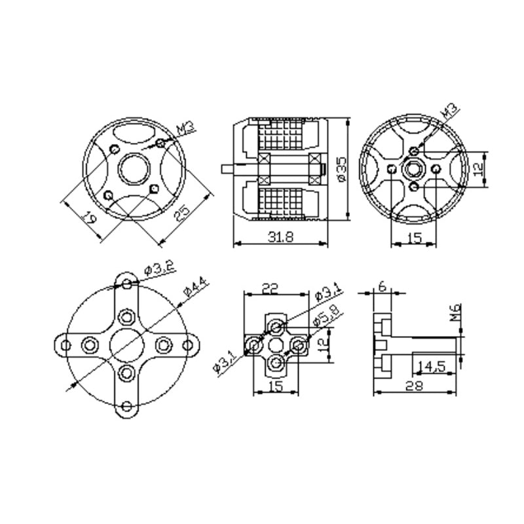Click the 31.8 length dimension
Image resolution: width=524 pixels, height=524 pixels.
pyautogui.click(x=281, y=237)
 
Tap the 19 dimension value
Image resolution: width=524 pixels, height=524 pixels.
pyautogui.click(x=90, y=217)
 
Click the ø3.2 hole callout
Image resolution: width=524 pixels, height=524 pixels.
pyautogui.click(x=159, y=269)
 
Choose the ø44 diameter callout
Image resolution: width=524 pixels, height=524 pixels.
pyautogui.click(x=195, y=287)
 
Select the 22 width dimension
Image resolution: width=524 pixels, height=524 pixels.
pyautogui.click(x=270, y=288)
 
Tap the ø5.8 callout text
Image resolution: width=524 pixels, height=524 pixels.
pyautogui.click(x=326, y=315)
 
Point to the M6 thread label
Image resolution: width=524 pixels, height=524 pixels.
pyautogui.click(x=455, y=312)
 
